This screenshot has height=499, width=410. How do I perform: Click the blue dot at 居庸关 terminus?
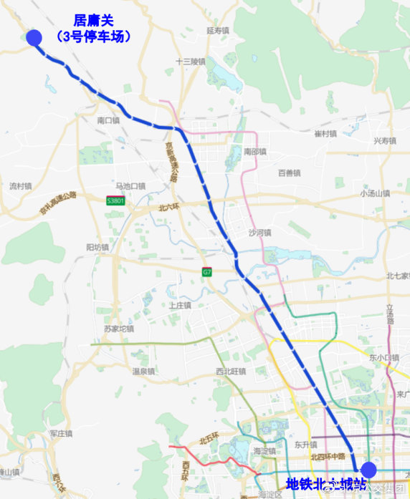click(34, 38)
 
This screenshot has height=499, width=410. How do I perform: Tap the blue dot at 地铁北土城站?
click(368, 470)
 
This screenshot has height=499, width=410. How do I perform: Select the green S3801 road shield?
click(116, 201)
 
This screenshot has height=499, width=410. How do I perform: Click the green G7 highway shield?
click(206, 272)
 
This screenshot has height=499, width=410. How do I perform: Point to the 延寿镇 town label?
click(217, 31)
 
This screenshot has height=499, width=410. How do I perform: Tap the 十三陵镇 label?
click(191, 62)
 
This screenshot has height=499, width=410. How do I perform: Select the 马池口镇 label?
click(130, 185)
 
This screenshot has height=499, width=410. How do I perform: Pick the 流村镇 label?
click(21, 186)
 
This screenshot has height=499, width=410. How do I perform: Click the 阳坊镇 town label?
click(97, 247)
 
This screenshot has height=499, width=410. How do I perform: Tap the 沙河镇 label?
click(259, 233)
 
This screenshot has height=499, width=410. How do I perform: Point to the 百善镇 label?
click(289, 173)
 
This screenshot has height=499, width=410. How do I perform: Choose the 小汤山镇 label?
click(376, 193)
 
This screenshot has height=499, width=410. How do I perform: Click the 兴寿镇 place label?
click(385, 141)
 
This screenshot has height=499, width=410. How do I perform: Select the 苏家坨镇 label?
click(119, 329)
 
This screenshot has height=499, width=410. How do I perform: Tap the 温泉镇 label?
click(143, 372)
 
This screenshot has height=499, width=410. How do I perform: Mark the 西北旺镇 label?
click(231, 372)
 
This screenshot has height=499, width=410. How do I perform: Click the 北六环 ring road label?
click(171, 208)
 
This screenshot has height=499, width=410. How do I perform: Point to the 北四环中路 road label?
click(328, 457)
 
